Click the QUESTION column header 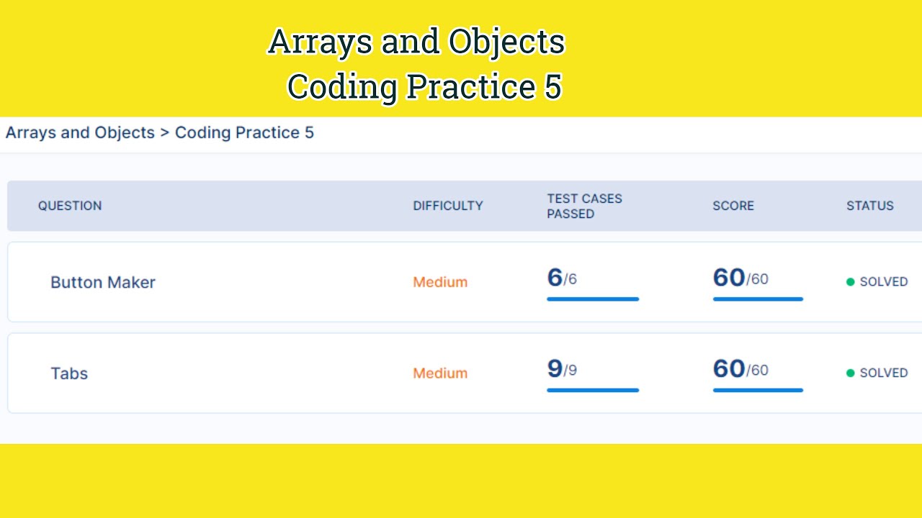[x=70, y=206]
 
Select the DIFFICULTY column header [x=447, y=206]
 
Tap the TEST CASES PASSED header [x=584, y=206]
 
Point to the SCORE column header [x=733, y=206]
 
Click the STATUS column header [x=869, y=206]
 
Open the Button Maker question [x=103, y=283]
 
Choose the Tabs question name [x=69, y=373]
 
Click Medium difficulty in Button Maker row [x=440, y=283]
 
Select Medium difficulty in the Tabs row [x=440, y=373]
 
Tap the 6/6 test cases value [x=562, y=278]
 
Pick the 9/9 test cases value [x=562, y=369]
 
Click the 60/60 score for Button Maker [x=740, y=278]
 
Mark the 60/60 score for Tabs [x=740, y=369]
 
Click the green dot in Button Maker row [x=851, y=282]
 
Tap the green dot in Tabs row [x=851, y=373]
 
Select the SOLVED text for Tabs [x=883, y=373]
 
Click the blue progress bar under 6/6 [x=592, y=299]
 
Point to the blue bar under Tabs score [x=758, y=391]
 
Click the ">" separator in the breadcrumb [x=165, y=133]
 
